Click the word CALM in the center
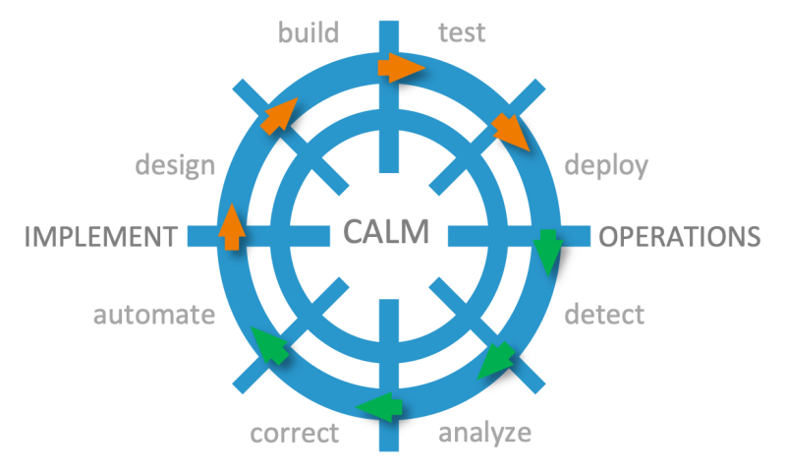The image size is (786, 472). coord(386,233)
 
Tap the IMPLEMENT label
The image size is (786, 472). coord(97,237)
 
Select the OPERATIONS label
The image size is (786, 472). coord(679,237)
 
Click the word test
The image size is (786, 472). coord(461,33)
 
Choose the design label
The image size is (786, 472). coord(174,165)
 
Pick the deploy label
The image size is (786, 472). coord(606,165)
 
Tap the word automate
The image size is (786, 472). coord(153,316)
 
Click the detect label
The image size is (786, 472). coord(604,316)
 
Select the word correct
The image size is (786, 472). coord(295,433)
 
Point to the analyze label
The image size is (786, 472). coord(484,433)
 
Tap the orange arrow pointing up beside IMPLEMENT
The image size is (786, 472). coord(230,226)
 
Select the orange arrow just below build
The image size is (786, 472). coord(279,114)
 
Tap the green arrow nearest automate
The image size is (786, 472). coord(270,345)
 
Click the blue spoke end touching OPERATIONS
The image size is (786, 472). coord(582,236)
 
